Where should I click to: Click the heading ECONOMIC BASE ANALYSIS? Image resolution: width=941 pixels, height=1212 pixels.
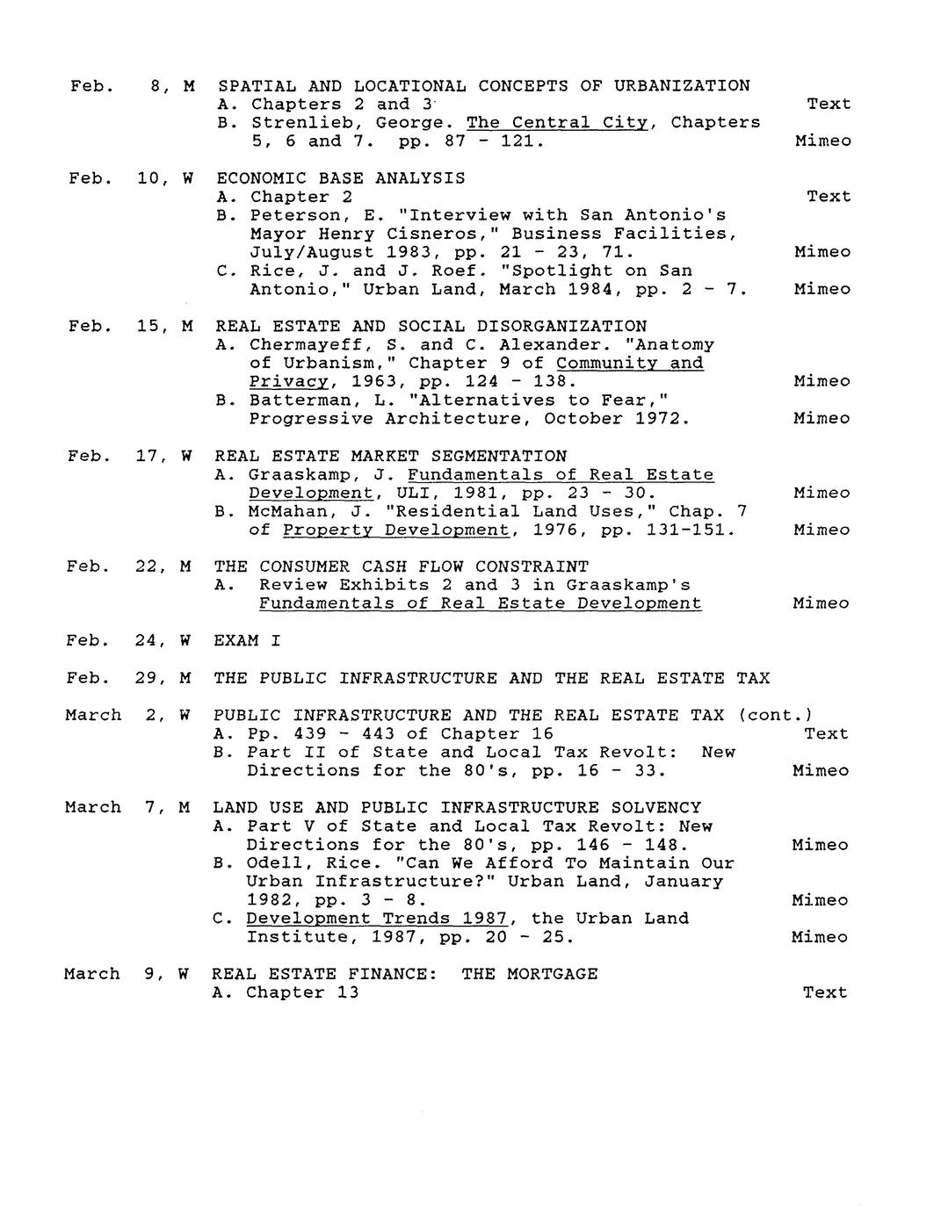[x=341, y=178]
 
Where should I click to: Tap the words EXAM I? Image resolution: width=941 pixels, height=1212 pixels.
[x=247, y=641]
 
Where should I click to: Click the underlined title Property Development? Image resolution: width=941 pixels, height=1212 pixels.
[x=395, y=530]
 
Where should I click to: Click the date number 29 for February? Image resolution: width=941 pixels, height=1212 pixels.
[x=145, y=678]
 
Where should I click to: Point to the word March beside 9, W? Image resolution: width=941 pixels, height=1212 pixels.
[x=91, y=974]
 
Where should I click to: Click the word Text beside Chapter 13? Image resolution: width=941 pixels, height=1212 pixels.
[x=824, y=992]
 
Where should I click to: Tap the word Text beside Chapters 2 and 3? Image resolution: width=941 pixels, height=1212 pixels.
[x=829, y=105]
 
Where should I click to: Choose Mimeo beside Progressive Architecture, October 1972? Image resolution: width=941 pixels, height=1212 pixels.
[x=822, y=419]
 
